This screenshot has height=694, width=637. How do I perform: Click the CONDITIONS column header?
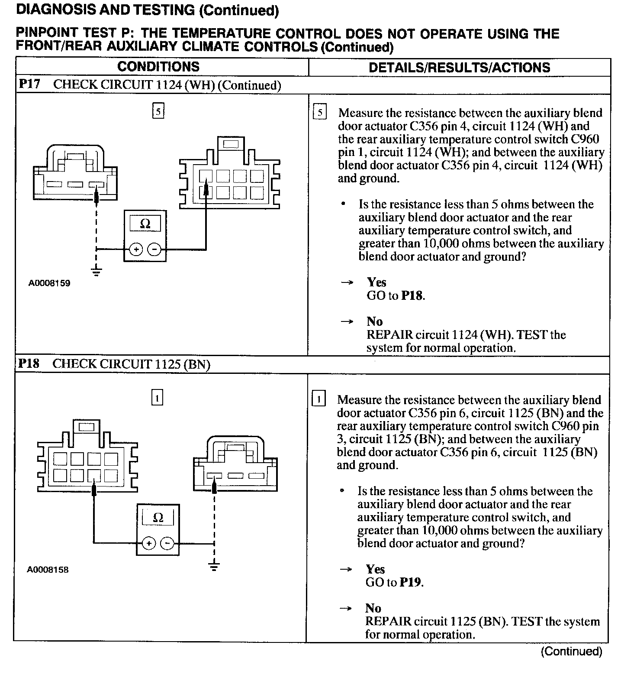tap(158, 67)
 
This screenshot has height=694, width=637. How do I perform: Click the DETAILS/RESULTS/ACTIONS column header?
tap(459, 68)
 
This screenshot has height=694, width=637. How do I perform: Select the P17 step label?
tap(29, 84)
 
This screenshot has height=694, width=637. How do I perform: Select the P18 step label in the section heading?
tap(29, 363)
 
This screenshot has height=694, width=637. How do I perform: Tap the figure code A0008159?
tap(49, 283)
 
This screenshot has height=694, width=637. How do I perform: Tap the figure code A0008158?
tap(48, 570)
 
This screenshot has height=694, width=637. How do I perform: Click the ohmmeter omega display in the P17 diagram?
tap(145, 224)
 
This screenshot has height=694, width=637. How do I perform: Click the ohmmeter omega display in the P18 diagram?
tap(158, 518)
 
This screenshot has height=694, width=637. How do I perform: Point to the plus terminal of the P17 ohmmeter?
tap(136, 250)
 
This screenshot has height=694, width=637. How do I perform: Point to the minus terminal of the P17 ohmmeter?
tap(154, 250)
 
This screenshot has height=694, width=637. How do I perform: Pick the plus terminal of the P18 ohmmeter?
tap(148, 544)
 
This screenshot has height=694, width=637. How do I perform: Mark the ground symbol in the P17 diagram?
tap(97, 272)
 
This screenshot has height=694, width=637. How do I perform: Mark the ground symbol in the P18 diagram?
tap(214, 566)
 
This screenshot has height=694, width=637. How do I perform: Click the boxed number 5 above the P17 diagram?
tap(158, 111)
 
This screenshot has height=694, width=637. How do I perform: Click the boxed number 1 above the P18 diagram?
tap(157, 398)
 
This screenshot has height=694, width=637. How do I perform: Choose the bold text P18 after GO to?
tap(412, 296)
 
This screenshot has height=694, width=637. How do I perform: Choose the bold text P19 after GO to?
tap(411, 582)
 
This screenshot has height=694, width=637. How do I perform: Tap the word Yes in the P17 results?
tap(376, 282)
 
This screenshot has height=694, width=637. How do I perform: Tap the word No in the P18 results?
tap(373, 608)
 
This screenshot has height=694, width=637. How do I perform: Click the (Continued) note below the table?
tap(571, 652)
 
